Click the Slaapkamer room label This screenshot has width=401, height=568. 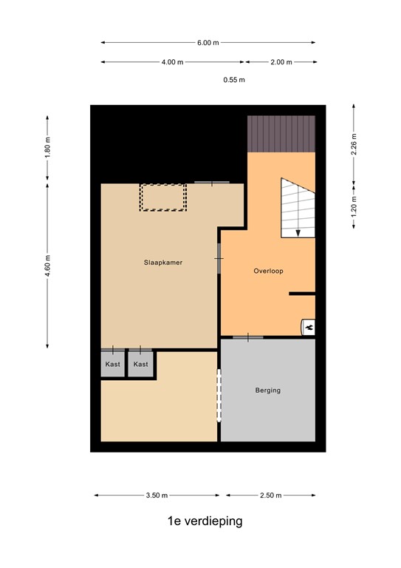click(x=163, y=262)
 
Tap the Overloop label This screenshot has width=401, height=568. click(x=268, y=271)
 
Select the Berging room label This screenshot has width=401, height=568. click(x=268, y=390)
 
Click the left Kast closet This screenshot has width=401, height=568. click(x=113, y=364)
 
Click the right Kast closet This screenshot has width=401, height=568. click(x=140, y=364)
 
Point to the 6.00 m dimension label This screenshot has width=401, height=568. click(x=208, y=42)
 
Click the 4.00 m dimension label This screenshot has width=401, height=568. click(x=172, y=62)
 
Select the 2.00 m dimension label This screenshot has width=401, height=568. click(x=281, y=62)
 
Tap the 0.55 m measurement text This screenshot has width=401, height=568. click(x=234, y=80)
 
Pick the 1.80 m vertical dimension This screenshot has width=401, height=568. click(x=47, y=149)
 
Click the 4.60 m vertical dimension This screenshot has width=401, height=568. click(x=47, y=265)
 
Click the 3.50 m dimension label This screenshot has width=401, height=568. click(x=156, y=495)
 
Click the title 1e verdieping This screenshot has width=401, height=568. click(x=205, y=521)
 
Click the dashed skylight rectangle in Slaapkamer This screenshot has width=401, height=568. click(x=163, y=197)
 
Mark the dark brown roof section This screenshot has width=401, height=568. click(x=281, y=134)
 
